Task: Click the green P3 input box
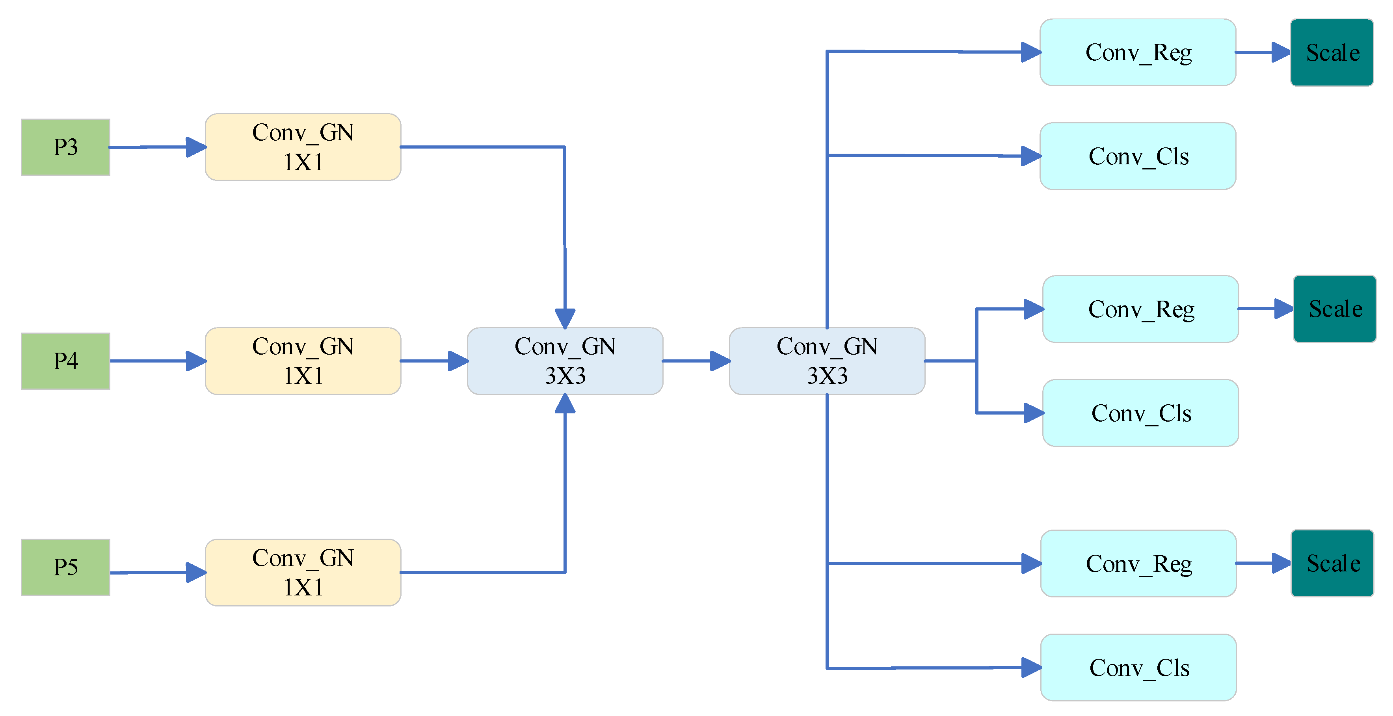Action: [65, 147]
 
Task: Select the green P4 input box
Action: [65, 361]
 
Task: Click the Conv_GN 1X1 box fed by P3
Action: [303, 147]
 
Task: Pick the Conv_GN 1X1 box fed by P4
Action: [303, 361]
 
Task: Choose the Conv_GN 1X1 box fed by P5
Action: [303, 572]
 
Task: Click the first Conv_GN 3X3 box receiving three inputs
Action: [565, 361]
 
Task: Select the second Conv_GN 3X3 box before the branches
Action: [827, 361]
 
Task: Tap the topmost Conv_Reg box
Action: [1138, 52]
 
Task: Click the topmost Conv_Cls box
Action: [1138, 156]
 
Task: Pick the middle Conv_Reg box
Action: [1140, 309]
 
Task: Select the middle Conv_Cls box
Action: [1140, 413]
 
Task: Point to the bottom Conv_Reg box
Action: [1138, 564]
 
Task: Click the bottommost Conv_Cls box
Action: [1138, 667]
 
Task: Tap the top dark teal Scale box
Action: [1332, 52]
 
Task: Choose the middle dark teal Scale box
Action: [1334, 309]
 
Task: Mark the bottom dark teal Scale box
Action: [1332, 564]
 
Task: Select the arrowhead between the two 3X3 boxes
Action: [720, 361]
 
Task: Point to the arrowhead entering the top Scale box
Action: [1281, 52]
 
